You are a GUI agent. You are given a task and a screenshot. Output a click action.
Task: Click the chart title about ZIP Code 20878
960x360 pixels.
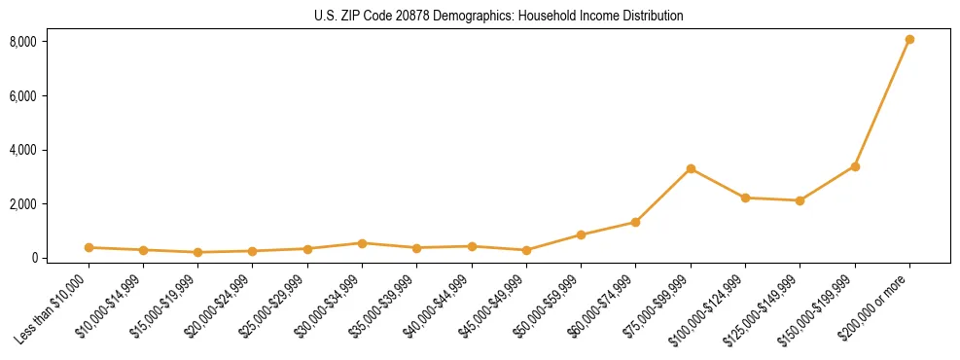(499, 16)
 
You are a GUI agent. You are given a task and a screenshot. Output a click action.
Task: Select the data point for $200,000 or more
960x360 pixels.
(909, 40)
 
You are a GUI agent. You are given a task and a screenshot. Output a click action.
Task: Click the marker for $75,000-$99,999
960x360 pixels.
(691, 169)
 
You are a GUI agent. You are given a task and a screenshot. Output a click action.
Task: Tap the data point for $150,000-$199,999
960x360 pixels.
(855, 166)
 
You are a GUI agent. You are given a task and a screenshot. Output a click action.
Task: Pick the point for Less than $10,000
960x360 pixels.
(89, 247)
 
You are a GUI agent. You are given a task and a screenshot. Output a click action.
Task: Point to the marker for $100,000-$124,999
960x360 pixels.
(745, 198)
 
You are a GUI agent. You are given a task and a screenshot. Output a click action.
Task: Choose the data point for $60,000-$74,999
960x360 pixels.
(635, 222)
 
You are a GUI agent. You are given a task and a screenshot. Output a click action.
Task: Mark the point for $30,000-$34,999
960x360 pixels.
(362, 243)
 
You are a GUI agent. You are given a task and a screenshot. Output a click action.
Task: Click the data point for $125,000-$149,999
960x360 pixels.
(800, 200)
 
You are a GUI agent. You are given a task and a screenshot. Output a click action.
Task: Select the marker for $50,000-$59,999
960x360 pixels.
(581, 234)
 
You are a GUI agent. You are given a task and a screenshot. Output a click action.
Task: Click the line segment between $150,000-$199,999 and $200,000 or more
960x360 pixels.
(882, 103)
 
